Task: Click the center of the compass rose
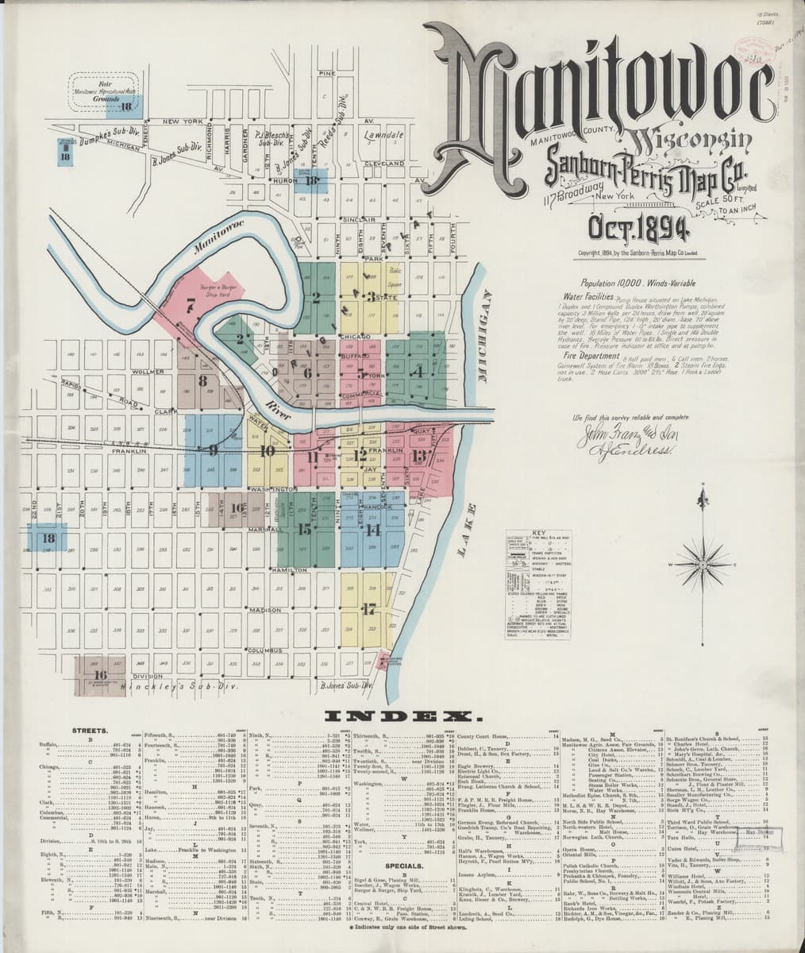point(700,565)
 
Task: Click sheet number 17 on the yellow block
point(367,610)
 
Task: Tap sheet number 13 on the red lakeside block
point(420,455)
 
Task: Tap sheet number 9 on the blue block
point(212,451)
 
